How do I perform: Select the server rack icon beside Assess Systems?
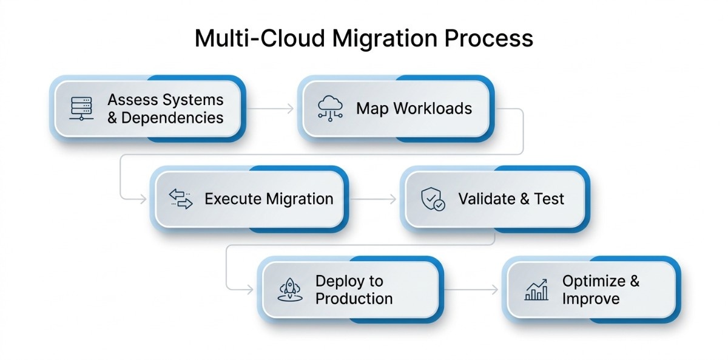click(x=80, y=109)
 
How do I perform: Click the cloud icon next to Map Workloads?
click(x=330, y=109)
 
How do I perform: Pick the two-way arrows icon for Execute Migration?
click(x=180, y=199)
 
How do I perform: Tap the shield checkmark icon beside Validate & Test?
click(x=433, y=199)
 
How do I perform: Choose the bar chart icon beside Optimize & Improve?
click(x=536, y=290)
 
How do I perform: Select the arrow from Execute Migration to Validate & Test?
click(x=372, y=199)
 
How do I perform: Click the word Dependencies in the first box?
click(x=172, y=118)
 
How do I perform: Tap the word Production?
click(x=354, y=299)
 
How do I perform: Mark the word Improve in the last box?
click(x=590, y=299)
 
